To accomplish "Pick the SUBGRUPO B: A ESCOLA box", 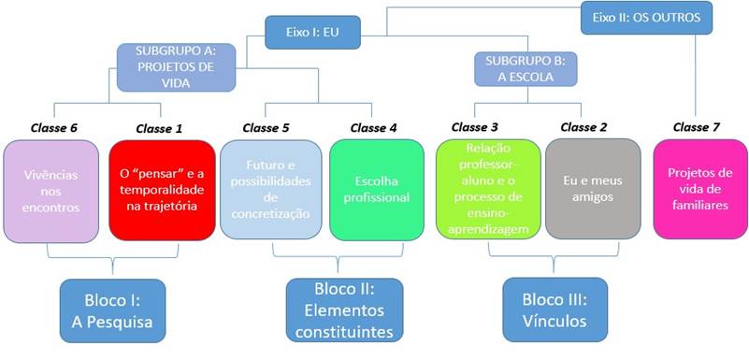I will (526, 69).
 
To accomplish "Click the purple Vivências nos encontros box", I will (51, 190).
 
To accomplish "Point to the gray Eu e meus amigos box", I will (592, 190).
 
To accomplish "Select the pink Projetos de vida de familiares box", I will (699, 190).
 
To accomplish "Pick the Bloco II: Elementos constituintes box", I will (344, 310).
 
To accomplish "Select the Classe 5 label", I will (266, 127).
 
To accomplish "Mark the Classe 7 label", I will (697, 127).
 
